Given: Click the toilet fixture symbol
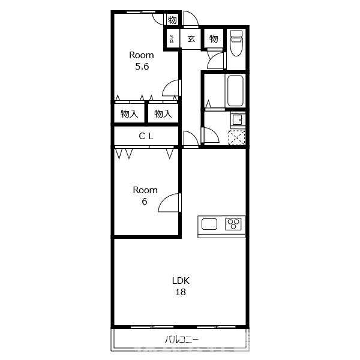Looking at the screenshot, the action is click(x=236, y=43).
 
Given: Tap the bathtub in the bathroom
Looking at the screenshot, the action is click(x=235, y=91).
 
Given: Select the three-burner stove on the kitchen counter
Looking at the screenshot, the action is click(x=233, y=224).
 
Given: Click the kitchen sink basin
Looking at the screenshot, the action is click(x=209, y=224).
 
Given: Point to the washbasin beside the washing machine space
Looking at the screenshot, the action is click(x=238, y=119).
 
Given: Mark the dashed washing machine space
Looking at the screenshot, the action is click(x=237, y=137).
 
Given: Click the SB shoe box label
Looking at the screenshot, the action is click(x=172, y=39).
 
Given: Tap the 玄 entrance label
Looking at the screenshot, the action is click(x=191, y=39).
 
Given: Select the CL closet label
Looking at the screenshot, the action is click(x=146, y=136).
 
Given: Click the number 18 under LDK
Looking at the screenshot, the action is click(x=181, y=292).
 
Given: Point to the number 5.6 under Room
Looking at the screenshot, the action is click(x=142, y=67).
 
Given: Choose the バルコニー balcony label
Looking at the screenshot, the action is click(x=182, y=340).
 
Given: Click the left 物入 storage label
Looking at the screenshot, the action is click(x=129, y=113).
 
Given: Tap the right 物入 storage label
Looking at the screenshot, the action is click(x=163, y=113).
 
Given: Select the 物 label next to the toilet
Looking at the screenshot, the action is click(x=214, y=39).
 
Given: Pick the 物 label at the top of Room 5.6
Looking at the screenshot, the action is click(x=172, y=20).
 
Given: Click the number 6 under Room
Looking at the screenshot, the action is click(x=144, y=202).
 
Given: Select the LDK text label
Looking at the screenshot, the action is click(x=181, y=281).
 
